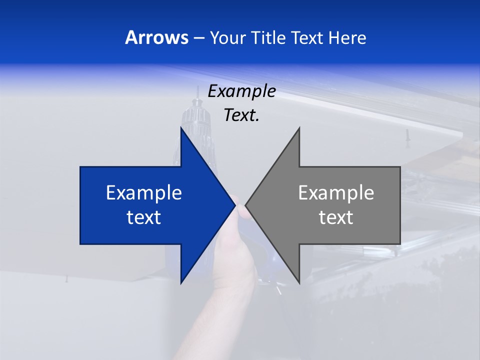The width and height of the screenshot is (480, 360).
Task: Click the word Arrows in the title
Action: (156, 37)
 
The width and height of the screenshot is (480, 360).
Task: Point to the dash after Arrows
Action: (198, 38)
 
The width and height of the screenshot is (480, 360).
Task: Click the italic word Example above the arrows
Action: (241, 91)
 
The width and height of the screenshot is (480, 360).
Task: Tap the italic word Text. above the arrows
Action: (241, 115)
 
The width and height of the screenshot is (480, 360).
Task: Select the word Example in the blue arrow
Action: (144, 193)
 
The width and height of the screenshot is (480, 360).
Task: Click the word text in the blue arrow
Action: (144, 217)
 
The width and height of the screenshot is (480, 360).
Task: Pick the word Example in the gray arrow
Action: (336, 193)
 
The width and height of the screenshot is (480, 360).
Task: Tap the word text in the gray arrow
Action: (336, 217)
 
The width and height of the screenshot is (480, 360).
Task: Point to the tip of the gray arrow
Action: (246, 205)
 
